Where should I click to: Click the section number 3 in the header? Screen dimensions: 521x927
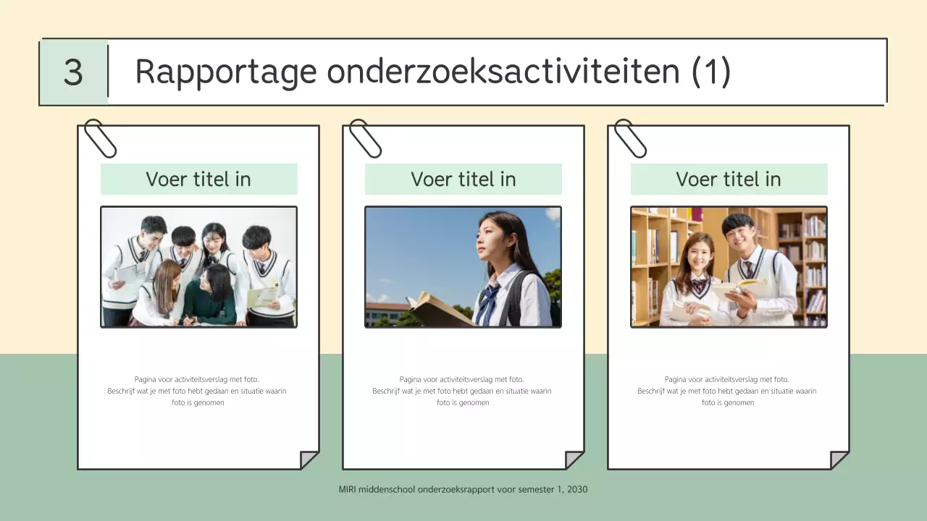(73, 72)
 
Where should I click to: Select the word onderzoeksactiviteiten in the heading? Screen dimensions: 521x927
(503, 72)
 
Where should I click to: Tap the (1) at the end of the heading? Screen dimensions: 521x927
(710, 72)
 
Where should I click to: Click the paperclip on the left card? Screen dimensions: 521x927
(100, 138)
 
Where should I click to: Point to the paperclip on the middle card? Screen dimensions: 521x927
(365, 138)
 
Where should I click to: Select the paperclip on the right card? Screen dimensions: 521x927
(630, 138)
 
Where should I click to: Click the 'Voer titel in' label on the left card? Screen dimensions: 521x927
(198, 179)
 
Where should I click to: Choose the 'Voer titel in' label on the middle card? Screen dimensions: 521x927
(463, 179)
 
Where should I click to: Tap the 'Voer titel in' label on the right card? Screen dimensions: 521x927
(729, 179)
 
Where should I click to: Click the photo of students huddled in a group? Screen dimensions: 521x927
(198, 267)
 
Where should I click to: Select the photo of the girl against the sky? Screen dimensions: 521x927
(463, 267)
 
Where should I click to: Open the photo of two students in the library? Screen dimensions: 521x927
(729, 267)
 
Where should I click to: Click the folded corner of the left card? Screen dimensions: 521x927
(309, 459)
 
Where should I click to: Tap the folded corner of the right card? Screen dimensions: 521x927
(839, 459)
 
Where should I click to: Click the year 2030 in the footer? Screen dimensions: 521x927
(577, 490)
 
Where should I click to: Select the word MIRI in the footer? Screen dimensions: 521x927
(347, 490)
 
